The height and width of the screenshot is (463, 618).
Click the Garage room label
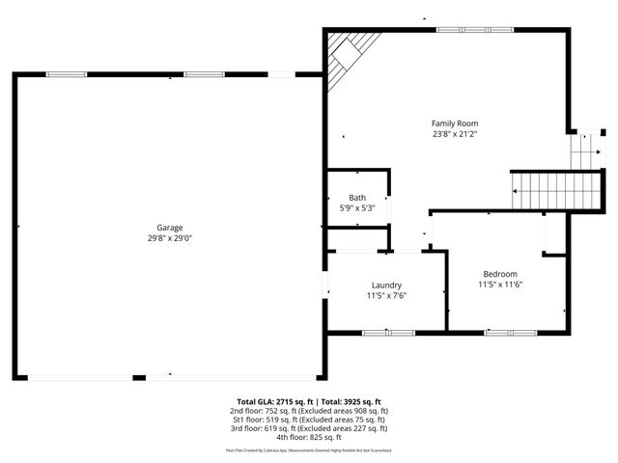click(170, 228)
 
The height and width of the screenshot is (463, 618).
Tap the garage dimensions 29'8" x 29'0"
click(170, 238)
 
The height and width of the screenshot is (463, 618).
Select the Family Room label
click(454, 123)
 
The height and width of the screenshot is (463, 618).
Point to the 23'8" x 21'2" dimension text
click(454, 134)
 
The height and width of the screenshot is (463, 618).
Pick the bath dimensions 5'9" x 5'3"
click(356, 207)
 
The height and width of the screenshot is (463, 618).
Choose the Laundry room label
click(386, 286)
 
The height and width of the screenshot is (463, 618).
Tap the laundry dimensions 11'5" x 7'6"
click(386, 296)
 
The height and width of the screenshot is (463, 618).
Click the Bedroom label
click(500, 274)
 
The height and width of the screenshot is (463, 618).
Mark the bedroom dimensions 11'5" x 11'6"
click(500, 285)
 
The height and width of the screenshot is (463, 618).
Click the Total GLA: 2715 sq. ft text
click(276, 401)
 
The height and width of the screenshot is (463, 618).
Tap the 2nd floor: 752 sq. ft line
click(309, 411)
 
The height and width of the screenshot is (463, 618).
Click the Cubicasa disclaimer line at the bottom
click(309, 449)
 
